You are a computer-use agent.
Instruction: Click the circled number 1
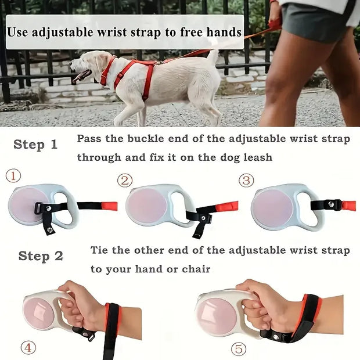click(x=13, y=177)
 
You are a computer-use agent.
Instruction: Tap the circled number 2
click(x=125, y=181)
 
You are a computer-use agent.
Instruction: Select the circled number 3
click(x=246, y=181)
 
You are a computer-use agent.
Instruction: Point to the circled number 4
click(x=28, y=348)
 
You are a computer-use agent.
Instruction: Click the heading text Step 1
click(x=35, y=145)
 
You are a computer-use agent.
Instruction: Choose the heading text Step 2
click(x=41, y=256)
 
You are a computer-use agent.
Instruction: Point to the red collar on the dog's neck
click(x=107, y=71)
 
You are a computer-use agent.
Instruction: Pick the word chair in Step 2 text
click(x=196, y=269)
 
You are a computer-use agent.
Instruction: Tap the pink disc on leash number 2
click(x=147, y=206)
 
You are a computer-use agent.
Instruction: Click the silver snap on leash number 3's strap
click(x=330, y=204)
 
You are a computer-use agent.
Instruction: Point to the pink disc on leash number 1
click(x=28, y=206)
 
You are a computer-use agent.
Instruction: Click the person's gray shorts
click(x=314, y=23)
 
